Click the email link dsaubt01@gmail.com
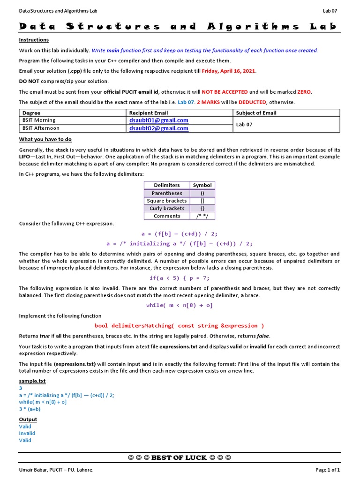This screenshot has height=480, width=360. (x=158, y=120)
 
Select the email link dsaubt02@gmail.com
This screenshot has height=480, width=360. (x=158, y=128)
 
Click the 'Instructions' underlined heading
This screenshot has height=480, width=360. (x=34, y=40)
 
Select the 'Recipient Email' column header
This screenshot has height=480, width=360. (x=149, y=113)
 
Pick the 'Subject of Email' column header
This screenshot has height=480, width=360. (x=256, y=113)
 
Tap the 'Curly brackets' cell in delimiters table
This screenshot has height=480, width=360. (x=167, y=208)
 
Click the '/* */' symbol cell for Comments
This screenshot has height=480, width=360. (x=202, y=216)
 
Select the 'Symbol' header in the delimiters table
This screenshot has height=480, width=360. (x=202, y=185)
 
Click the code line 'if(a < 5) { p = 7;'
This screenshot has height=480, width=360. (x=180, y=278)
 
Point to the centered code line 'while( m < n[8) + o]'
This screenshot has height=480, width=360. (x=180, y=305)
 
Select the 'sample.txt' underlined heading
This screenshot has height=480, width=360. (x=32, y=382)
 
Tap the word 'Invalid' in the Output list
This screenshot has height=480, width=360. (x=27, y=433)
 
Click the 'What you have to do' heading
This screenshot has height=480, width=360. (x=45, y=139)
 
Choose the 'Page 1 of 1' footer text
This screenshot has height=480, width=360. (x=327, y=470)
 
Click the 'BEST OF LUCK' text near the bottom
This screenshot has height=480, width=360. (x=180, y=457)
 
